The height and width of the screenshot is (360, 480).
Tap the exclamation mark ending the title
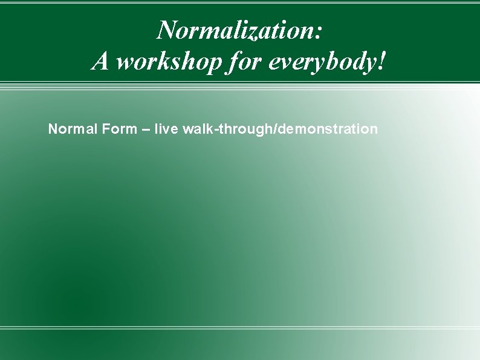(380, 61)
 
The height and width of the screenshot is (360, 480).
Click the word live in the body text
(166, 129)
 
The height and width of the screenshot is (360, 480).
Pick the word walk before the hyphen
(195, 129)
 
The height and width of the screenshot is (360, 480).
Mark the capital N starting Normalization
(166, 28)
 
